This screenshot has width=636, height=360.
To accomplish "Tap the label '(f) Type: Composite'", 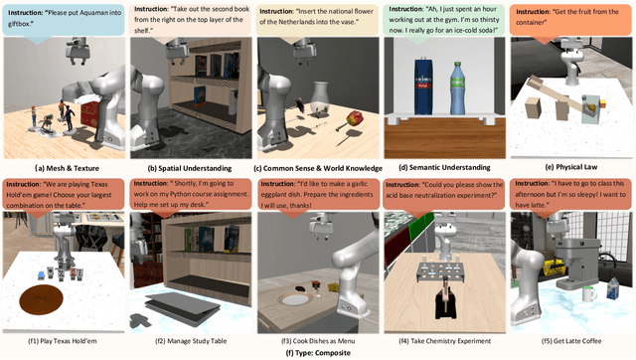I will tap(317, 352).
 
